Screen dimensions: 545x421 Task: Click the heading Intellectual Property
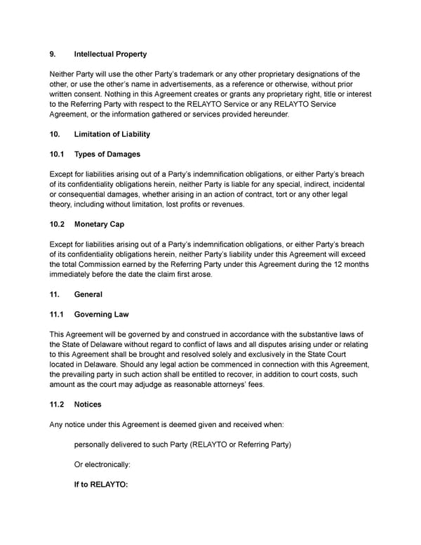tap(110, 54)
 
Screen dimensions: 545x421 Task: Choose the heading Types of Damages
tap(107, 154)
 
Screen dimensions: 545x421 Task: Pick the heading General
tap(88, 294)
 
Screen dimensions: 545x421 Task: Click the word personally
tap(98, 445)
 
